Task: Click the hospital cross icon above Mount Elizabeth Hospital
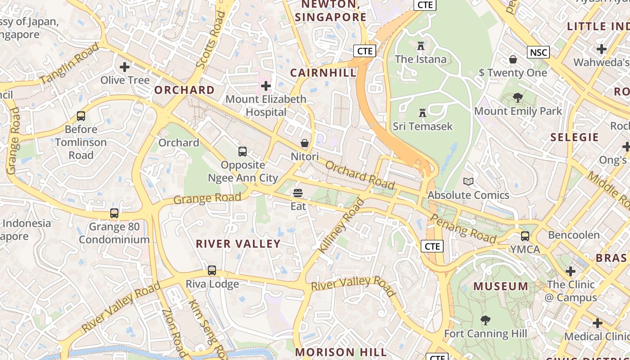coord(266,85)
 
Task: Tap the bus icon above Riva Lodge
coord(212,270)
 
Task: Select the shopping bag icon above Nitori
coord(305,143)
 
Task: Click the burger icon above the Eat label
coord(298,193)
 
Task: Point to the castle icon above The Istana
coord(421,46)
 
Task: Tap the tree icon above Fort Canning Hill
coord(485,320)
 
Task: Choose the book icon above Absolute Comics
coord(468,181)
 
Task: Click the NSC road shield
coord(538,53)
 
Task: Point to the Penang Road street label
coord(463,228)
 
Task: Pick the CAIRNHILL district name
coord(323,73)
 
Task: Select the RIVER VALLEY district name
coord(238,244)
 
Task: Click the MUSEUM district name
coord(501,286)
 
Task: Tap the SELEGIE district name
coord(575,137)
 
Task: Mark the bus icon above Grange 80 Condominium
coord(114,213)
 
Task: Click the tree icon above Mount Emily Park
coord(518,98)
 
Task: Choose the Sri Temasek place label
coord(423,126)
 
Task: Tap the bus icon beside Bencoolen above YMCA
coord(525,236)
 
